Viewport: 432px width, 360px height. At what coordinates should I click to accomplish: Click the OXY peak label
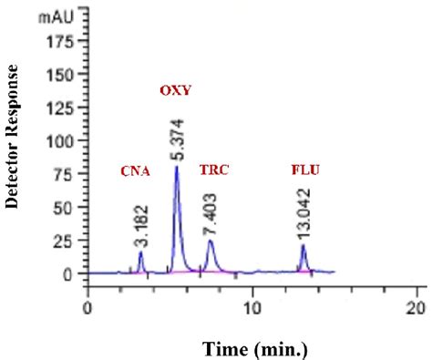[176, 91]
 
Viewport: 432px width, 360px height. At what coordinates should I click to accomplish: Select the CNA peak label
[135, 170]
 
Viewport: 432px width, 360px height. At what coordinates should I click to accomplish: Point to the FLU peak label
[304, 170]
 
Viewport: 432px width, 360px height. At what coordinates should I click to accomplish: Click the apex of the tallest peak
[176, 167]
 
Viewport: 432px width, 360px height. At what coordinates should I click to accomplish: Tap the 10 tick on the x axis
[252, 307]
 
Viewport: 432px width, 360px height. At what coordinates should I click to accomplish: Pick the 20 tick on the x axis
[417, 307]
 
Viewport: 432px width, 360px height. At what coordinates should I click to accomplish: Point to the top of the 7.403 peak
[211, 241]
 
